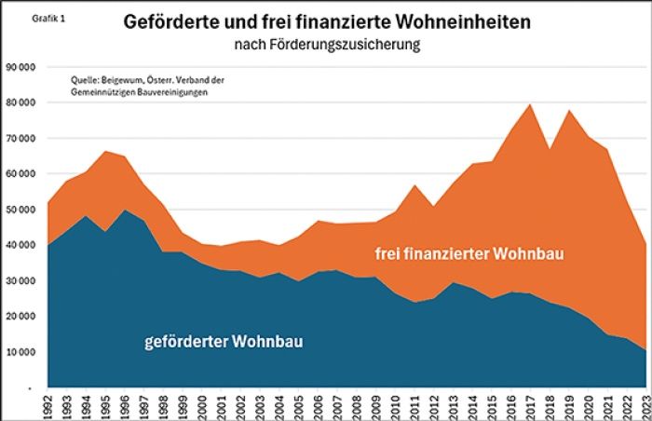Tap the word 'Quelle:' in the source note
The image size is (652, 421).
pos(86,81)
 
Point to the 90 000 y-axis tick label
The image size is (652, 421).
pos(20,67)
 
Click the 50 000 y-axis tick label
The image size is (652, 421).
pos(20,210)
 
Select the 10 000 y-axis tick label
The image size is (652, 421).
pos(20,352)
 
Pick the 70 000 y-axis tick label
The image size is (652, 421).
pos(20,139)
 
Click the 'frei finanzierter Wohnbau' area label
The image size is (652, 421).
pos(469,253)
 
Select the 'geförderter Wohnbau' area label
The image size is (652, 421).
pos(224,342)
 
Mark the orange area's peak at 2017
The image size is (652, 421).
pos(530,104)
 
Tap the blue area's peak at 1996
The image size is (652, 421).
pos(125,210)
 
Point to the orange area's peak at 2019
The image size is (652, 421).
pos(568,111)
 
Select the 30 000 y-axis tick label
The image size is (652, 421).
pos(20,281)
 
